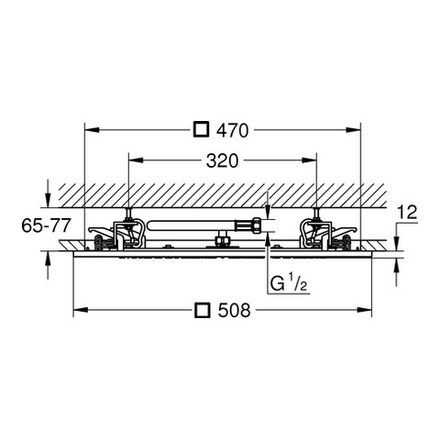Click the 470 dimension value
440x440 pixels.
coord(232,131)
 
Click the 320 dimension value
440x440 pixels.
coord(222,161)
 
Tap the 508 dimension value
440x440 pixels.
coord(234,311)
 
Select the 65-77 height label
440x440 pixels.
coord(46,225)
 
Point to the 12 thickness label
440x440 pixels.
coord(408,213)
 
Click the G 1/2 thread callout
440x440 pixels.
coord(289,282)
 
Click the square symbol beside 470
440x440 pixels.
coord(202,129)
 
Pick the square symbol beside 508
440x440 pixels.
coord(203,311)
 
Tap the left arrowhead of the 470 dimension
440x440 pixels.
coord(92,130)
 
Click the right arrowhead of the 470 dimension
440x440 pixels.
coord(353,130)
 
